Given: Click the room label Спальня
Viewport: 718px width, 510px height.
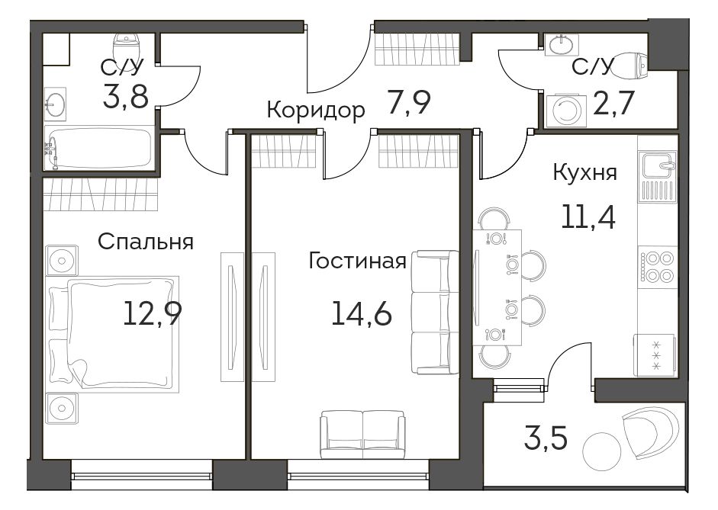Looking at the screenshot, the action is coord(146,242).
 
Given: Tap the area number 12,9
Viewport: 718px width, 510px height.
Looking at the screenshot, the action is coord(153,313).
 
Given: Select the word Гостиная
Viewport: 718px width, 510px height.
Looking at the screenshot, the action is coord(358,261).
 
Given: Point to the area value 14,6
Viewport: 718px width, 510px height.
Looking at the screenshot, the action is coord(362,314).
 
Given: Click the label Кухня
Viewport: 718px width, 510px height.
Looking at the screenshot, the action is coord(585,172).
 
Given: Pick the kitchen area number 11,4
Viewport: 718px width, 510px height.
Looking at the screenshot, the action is coord(588,217).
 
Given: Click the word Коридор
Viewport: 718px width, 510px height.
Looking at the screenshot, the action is coord(316,111).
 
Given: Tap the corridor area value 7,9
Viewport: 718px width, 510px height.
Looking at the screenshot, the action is coord(409,102).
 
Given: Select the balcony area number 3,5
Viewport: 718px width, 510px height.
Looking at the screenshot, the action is coord(546,438).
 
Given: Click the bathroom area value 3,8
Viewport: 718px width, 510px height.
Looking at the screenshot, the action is coord(125,96).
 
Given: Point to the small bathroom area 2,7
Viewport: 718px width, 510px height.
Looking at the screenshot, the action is coord(613,104).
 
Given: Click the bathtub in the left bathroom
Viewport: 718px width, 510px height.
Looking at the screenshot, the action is coord(99,148).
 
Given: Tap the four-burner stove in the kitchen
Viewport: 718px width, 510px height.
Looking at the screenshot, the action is coord(658,267).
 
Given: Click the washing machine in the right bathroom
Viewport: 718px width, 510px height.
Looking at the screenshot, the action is coord(567,110).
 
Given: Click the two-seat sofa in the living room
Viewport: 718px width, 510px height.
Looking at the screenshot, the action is coord(362,434).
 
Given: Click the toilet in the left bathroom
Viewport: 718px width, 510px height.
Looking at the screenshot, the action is coord(125,45).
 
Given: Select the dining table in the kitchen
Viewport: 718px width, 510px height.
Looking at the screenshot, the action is coord(497,287).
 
